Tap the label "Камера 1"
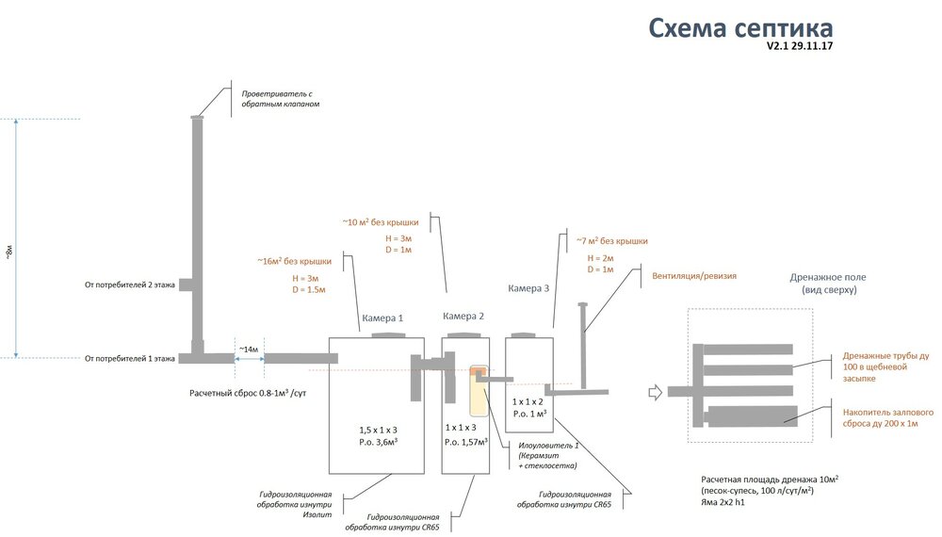coord(382,318)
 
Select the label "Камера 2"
coord(463,317)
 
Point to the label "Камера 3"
coord(528,288)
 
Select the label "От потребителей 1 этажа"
coord(129,358)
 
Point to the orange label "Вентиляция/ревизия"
coord(694,277)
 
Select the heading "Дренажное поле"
coord(828,278)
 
